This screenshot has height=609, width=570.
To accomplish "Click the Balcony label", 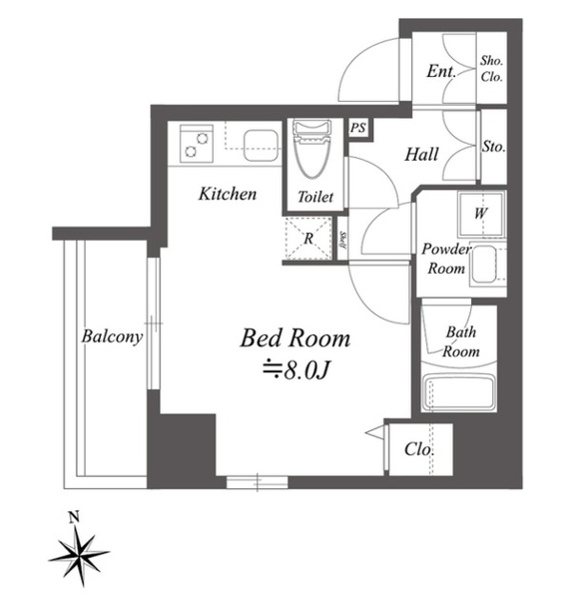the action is [x=112, y=337].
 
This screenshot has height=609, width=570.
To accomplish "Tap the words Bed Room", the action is [x=295, y=338].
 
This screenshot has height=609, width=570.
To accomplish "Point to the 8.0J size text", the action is [x=296, y=371].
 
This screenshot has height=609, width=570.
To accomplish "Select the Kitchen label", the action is [x=227, y=193].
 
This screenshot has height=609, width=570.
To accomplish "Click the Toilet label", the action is [x=315, y=197].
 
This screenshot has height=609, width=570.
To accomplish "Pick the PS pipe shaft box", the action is [x=359, y=128].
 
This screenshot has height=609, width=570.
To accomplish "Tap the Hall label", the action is [x=422, y=154].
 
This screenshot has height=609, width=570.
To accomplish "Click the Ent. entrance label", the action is [x=441, y=71].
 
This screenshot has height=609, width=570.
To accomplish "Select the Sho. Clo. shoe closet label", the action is [x=492, y=69].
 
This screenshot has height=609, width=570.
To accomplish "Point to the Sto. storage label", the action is [x=494, y=147].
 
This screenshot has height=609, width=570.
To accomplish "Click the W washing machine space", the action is [x=482, y=214].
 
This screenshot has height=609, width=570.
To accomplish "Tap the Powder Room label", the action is [x=446, y=259].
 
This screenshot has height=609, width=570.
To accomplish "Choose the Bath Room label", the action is [x=461, y=342].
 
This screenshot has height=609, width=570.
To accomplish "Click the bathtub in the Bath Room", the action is [x=459, y=393].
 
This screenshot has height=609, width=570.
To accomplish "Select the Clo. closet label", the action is [x=419, y=449].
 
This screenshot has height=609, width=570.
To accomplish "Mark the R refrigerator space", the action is [x=308, y=239].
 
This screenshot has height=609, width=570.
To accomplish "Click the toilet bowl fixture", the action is [x=312, y=149].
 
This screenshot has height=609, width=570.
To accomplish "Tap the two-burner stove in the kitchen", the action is [x=196, y=144].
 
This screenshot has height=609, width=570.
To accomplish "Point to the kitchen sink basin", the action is [x=261, y=146].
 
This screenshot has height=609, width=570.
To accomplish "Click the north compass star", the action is [x=79, y=552].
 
